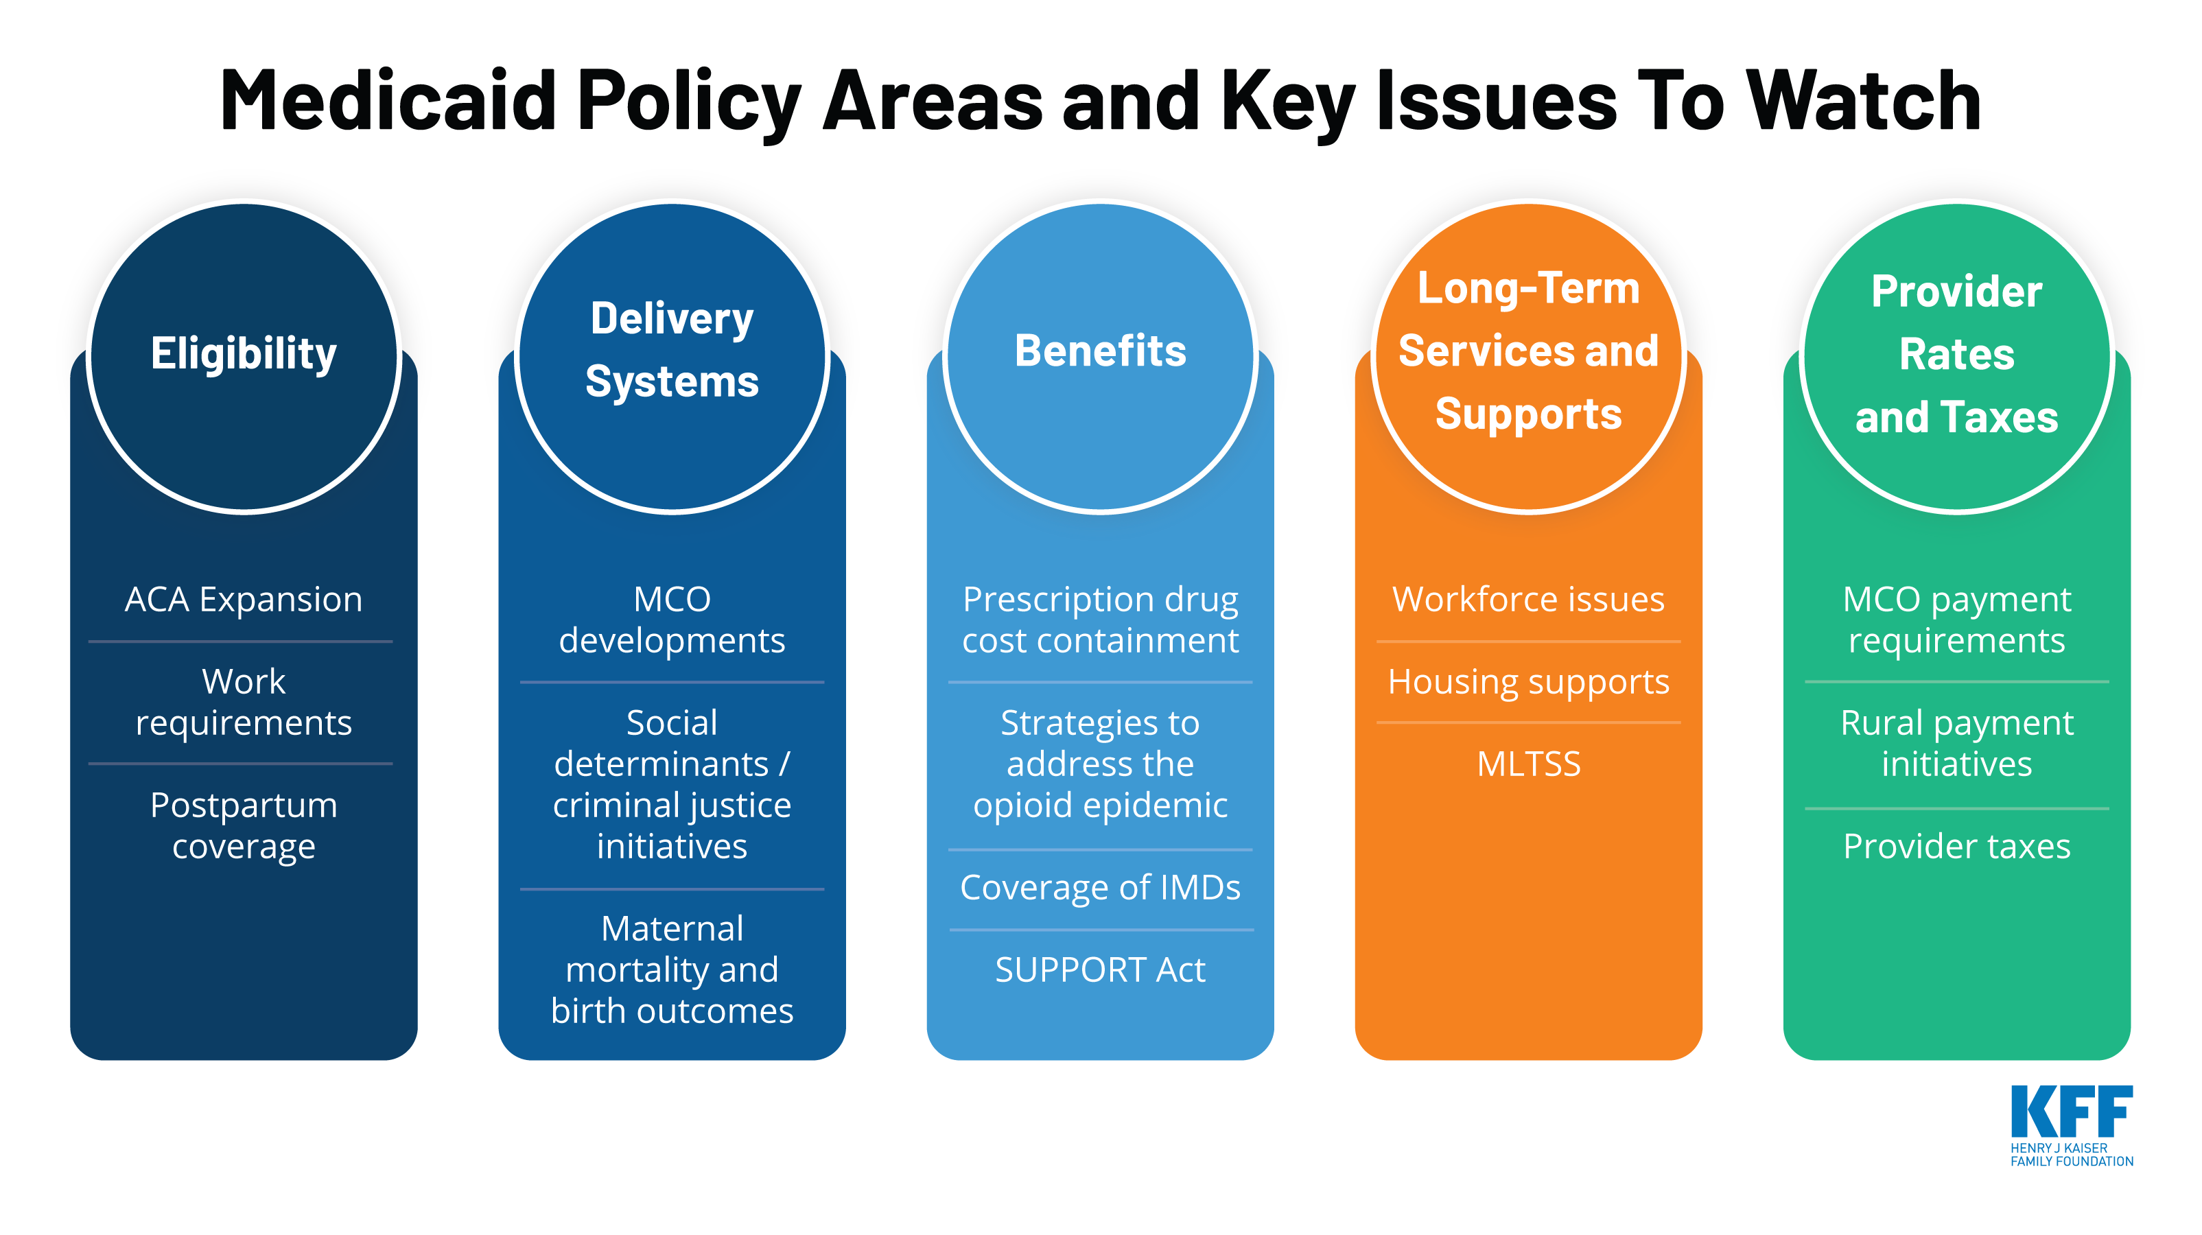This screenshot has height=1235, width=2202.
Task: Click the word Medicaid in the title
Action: point(388,101)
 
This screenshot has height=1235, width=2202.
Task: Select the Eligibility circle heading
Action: point(244,353)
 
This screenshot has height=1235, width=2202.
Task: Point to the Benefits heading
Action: point(1100,351)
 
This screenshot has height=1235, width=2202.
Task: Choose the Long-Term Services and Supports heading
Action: point(1528,351)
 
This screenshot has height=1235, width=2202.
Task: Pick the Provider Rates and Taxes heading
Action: point(1956,354)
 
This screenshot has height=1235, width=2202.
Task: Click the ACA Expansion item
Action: point(244,599)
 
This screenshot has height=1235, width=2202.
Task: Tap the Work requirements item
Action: point(244,702)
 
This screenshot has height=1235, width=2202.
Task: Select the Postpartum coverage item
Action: point(244,825)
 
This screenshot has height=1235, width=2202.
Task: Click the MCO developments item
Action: point(672,620)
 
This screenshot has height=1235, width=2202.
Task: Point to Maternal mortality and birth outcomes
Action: point(672,969)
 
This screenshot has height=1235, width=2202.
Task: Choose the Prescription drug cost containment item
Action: point(1100,620)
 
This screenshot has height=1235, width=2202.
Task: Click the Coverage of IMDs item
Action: point(1100,887)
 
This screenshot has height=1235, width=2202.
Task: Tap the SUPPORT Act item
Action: point(1100,969)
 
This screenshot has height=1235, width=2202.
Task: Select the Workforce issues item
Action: point(1528,599)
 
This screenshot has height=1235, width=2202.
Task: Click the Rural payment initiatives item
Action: point(1956,742)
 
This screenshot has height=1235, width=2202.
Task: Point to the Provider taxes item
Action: point(1956,846)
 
